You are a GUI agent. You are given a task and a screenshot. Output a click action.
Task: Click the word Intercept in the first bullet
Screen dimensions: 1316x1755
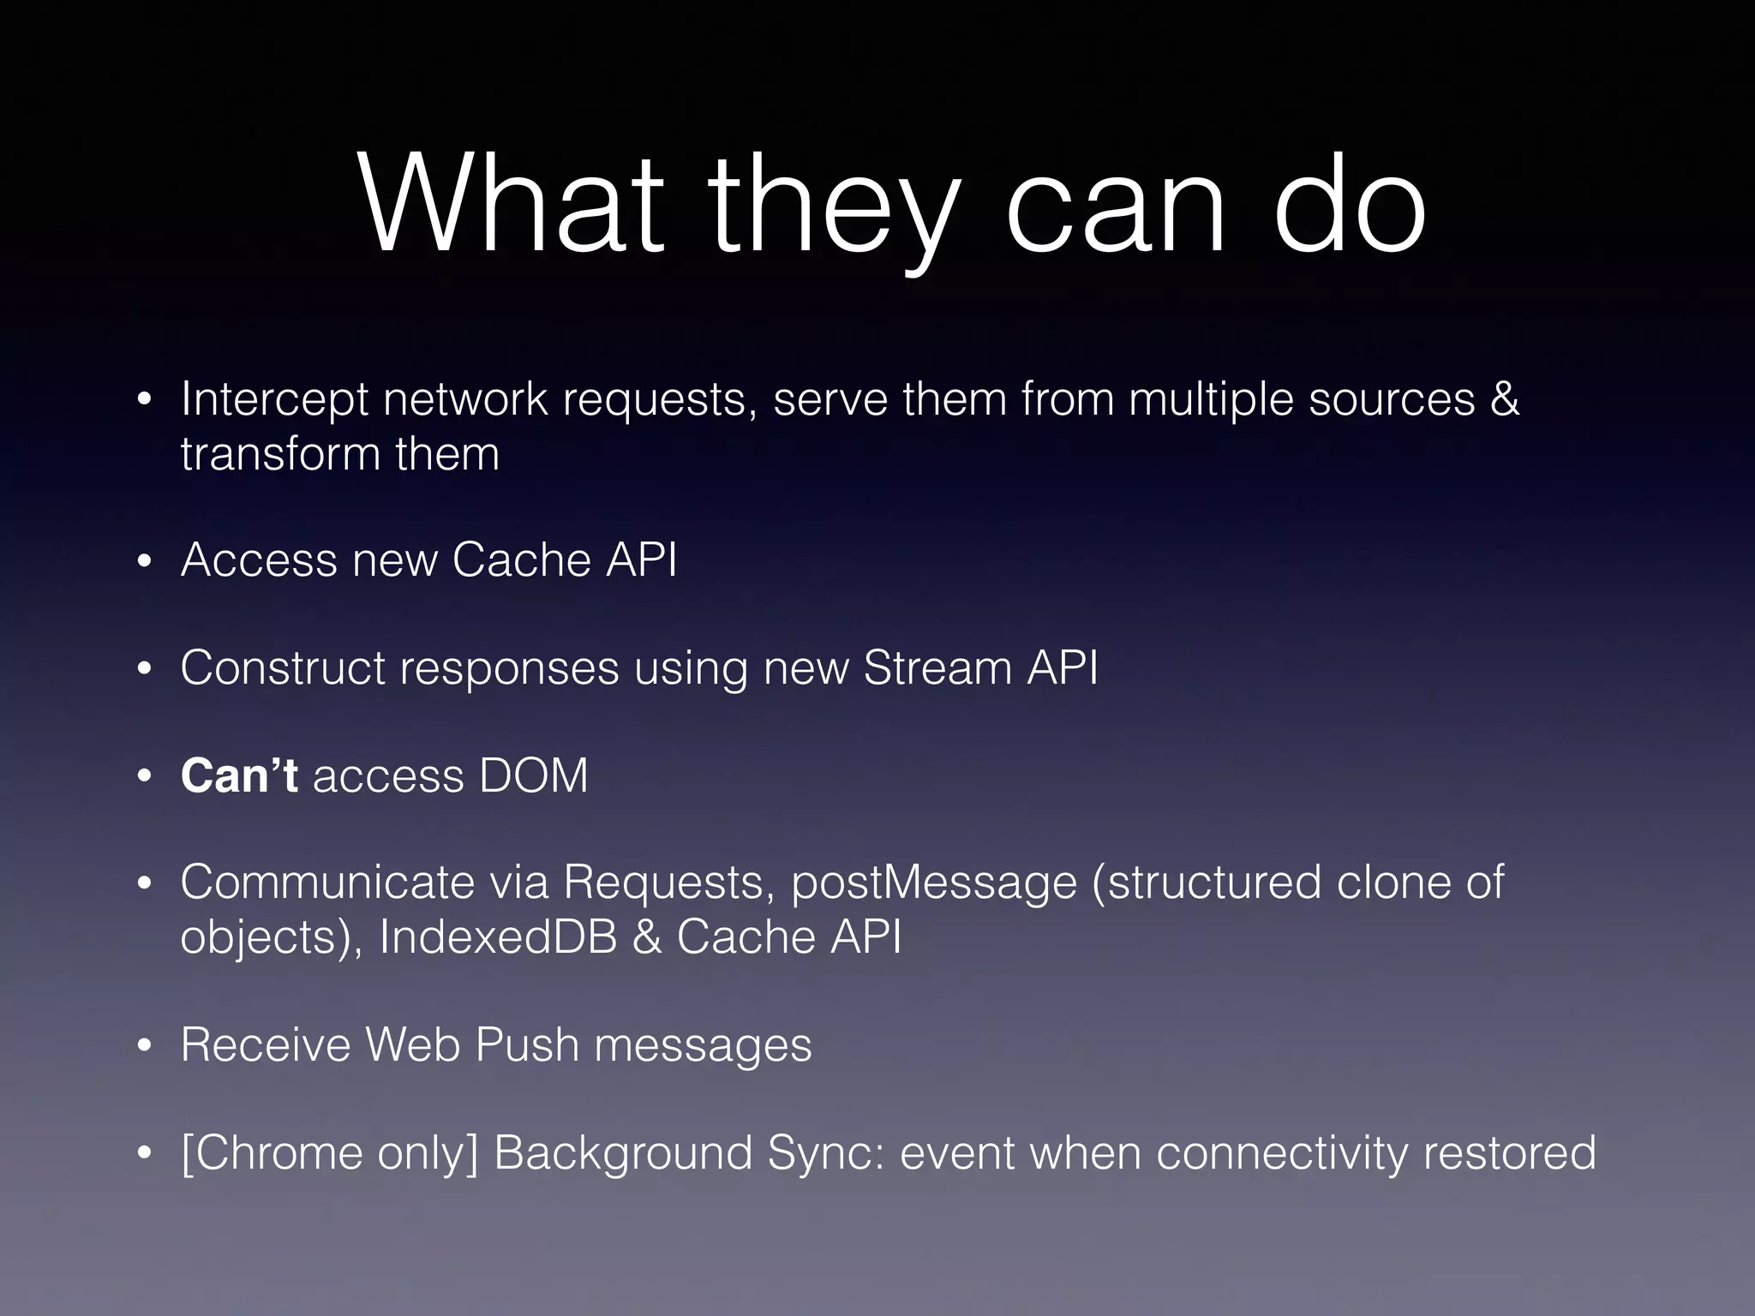tap(274, 400)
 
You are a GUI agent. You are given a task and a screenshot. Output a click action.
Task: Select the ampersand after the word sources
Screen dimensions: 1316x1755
tap(1505, 399)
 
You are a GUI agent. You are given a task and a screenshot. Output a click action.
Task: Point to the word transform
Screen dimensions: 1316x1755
tap(280, 454)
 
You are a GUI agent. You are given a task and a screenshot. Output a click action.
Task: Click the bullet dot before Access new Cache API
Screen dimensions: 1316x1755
tap(144, 562)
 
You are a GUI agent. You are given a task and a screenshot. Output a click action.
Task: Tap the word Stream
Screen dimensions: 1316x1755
tap(937, 668)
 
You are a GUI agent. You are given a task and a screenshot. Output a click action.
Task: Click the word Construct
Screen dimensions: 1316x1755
tap(283, 668)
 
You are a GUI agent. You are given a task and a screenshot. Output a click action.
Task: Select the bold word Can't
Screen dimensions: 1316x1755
tap(239, 775)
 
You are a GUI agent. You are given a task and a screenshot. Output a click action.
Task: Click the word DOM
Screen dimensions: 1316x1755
tap(533, 775)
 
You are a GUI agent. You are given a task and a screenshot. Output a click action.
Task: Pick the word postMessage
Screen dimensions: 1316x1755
tap(933, 883)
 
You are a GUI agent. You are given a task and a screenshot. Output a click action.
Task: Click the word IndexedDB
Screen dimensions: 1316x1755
tap(498, 936)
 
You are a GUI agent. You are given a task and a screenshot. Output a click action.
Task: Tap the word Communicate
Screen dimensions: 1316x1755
tap(327, 882)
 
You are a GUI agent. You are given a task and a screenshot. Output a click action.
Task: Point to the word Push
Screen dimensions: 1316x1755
tap(527, 1045)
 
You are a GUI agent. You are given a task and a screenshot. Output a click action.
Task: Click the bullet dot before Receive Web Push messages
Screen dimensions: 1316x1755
tap(144, 1046)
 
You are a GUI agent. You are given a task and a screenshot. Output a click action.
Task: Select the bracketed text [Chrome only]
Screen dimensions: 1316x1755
tap(330, 1153)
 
